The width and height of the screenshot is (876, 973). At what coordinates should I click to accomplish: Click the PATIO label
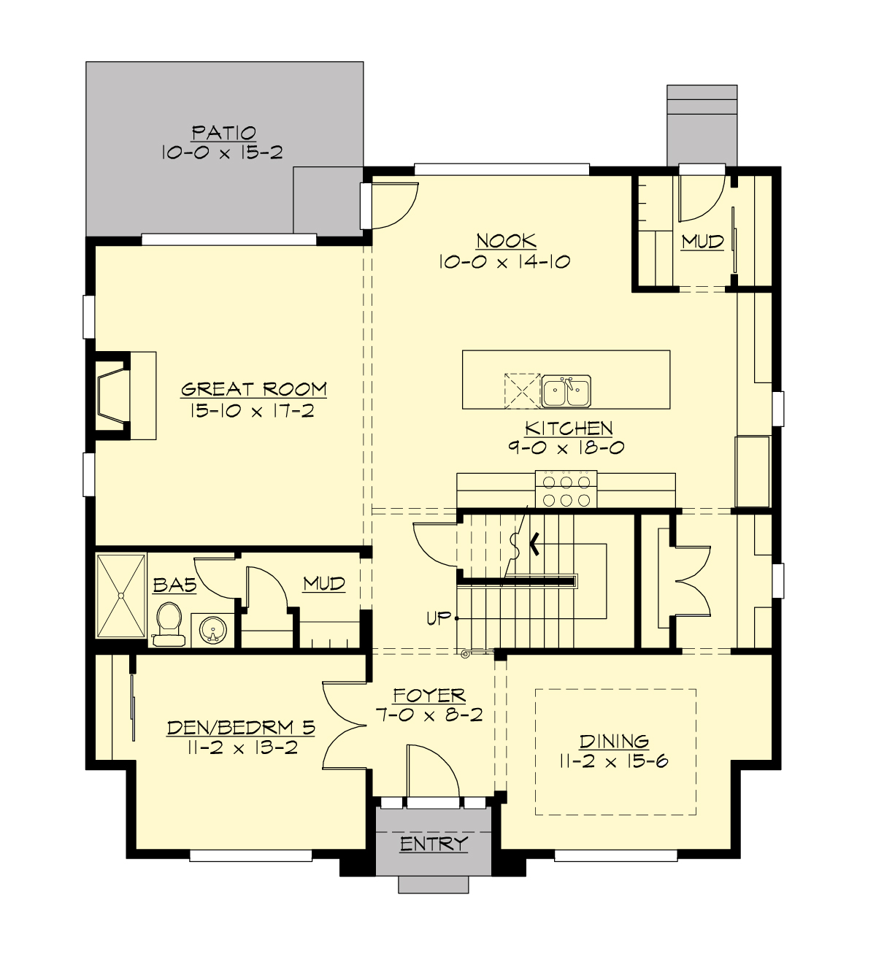coord(223,133)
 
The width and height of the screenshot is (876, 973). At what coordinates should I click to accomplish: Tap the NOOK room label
coord(506,241)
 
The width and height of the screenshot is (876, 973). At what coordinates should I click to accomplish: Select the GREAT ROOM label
coord(253,389)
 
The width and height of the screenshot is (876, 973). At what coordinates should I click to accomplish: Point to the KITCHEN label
coord(568,428)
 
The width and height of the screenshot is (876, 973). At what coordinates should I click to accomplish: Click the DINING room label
coord(614,742)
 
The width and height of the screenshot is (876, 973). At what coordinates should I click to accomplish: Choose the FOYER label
coord(429,696)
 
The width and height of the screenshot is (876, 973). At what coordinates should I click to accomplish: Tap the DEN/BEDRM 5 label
coord(242,727)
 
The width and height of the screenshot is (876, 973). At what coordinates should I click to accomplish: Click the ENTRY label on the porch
coord(434,844)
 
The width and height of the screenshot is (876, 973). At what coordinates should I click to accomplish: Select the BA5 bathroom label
coord(174,585)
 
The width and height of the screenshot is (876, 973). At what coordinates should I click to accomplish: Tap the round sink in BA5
coord(213,630)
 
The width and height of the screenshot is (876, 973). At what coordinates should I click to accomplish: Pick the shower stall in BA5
coord(121,596)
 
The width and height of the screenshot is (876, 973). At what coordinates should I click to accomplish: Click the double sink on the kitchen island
coord(566,391)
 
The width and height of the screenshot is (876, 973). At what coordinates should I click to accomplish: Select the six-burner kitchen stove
coord(566,489)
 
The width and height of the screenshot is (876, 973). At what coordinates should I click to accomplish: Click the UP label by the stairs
coord(439,618)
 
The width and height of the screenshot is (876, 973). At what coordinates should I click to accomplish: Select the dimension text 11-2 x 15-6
coord(614,761)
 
